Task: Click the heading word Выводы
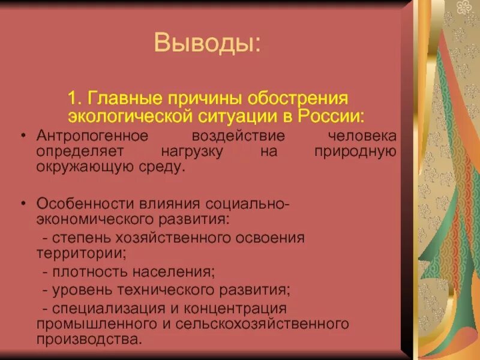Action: click(x=207, y=44)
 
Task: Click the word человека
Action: click(x=359, y=137)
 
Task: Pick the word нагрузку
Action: click(x=193, y=151)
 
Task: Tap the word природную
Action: click(x=355, y=151)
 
